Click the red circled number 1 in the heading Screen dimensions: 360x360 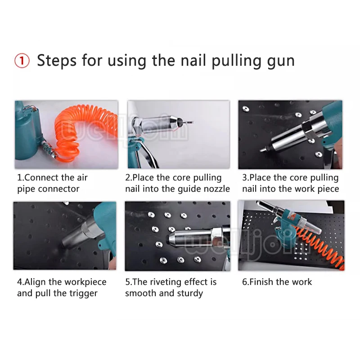22,61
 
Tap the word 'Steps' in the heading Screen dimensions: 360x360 57,61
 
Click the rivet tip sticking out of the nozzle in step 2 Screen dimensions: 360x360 188,122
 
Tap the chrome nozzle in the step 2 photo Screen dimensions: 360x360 158,125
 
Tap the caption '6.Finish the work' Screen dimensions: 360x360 277,282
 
